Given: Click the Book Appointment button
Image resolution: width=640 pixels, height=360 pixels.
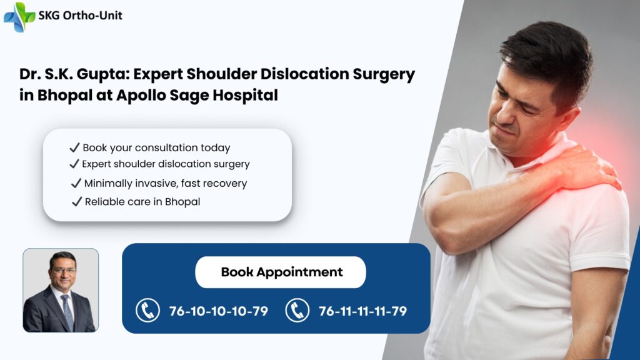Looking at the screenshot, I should pos(281,272).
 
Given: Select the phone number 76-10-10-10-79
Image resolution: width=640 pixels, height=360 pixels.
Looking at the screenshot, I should pos(218,311).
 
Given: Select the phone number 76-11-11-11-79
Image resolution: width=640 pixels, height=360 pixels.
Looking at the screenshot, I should pos(362,311).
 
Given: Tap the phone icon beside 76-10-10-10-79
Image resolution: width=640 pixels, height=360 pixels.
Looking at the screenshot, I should pos(148,310).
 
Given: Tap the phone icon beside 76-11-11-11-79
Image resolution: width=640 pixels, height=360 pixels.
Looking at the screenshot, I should pos(297,310).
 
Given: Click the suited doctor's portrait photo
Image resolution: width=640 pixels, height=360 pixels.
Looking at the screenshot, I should pos(61,290).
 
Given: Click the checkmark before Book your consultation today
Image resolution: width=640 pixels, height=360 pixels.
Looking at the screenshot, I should pos(74,148).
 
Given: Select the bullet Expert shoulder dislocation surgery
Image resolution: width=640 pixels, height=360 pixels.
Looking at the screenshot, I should pos(166,164).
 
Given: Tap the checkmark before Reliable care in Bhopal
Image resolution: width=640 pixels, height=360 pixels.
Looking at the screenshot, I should pos(77,202).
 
